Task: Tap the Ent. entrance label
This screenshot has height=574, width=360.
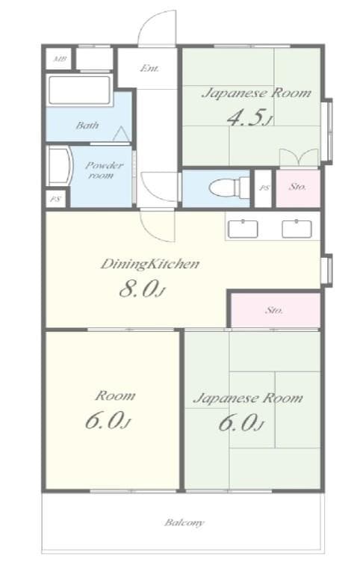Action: click(x=149, y=69)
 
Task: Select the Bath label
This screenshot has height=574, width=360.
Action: click(x=87, y=126)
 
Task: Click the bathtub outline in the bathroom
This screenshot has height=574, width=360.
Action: click(x=79, y=93)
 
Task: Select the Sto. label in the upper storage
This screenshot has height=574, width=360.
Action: click(x=297, y=188)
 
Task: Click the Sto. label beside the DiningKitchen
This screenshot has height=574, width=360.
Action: click(x=274, y=309)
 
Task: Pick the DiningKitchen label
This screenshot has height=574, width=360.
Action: click(x=149, y=264)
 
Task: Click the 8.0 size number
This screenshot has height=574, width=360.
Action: click(x=141, y=288)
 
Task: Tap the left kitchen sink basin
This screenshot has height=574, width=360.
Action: click(x=242, y=229)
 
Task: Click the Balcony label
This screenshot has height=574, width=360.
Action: click(x=184, y=522)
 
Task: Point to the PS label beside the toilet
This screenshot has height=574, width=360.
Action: click(x=264, y=188)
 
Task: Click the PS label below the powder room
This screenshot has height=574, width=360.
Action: click(x=55, y=200)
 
